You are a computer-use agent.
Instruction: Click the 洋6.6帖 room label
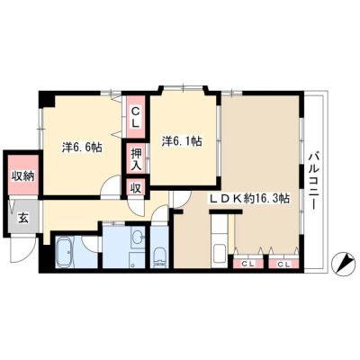click(82, 148)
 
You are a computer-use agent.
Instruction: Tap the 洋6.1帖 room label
click(182, 140)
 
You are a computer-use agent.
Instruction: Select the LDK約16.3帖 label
click(249, 198)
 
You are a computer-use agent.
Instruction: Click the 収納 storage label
click(22, 176)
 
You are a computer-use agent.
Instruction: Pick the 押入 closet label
click(136, 159)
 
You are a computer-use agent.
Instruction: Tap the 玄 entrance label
click(23, 218)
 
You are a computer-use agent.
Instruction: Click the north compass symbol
click(342, 263)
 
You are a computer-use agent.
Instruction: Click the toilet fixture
click(159, 257)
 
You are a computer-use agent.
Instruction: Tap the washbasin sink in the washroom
click(139, 237)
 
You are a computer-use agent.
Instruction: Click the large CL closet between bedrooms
click(136, 117)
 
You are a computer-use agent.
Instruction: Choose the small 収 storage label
click(136, 188)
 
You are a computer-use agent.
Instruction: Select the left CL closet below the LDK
click(248, 264)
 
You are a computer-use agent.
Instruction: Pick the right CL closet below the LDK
click(283, 264)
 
